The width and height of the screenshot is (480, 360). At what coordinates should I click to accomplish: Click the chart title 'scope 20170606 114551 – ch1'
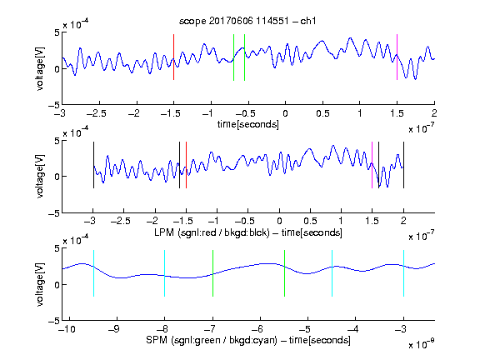click(247, 21)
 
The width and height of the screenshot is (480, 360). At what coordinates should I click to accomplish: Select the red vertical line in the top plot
click(173, 57)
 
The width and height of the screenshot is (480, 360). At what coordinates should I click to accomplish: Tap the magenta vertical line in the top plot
click(397, 57)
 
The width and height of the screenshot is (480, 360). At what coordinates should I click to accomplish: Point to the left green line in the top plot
click(233, 57)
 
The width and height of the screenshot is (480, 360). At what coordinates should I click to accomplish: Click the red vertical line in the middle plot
click(186, 165)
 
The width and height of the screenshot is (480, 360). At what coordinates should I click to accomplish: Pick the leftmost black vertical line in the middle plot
click(93, 165)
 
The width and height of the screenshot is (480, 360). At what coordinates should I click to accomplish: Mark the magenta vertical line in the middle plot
click(372, 165)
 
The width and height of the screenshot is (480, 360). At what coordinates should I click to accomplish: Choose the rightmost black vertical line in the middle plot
click(403, 165)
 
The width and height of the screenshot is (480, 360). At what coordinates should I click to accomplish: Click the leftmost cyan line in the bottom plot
click(93, 273)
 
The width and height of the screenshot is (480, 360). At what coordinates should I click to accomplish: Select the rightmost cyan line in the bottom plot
click(403, 273)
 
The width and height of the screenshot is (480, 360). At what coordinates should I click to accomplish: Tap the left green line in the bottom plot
click(212, 273)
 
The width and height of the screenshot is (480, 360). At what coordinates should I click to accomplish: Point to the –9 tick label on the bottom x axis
click(114, 329)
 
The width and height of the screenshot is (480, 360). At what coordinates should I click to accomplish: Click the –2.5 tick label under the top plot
click(97, 113)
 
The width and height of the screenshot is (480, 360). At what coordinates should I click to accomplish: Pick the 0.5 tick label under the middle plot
click(310, 221)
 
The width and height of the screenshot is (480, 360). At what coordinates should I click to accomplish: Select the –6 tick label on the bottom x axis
click(257, 329)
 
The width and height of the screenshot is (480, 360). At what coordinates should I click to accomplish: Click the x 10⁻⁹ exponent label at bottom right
click(421, 344)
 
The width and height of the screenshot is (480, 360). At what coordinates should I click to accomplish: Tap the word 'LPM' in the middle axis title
click(164, 232)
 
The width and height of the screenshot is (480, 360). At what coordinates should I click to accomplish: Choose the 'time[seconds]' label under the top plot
click(248, 124)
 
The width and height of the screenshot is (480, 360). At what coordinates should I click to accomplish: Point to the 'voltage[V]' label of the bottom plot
click(40, 284)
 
